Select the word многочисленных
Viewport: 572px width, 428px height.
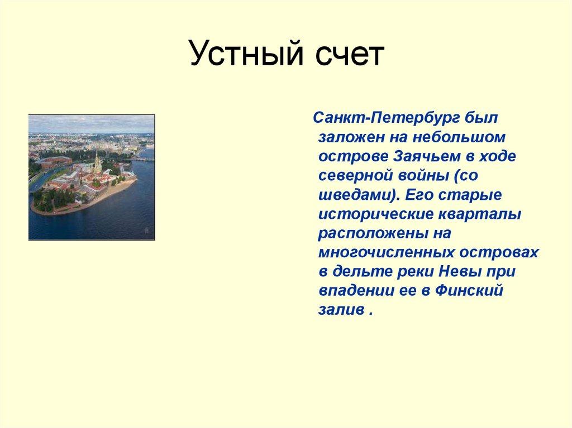point(386,252)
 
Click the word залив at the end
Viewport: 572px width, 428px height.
point(340,310)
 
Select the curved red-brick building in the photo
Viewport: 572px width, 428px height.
point(55,161)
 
